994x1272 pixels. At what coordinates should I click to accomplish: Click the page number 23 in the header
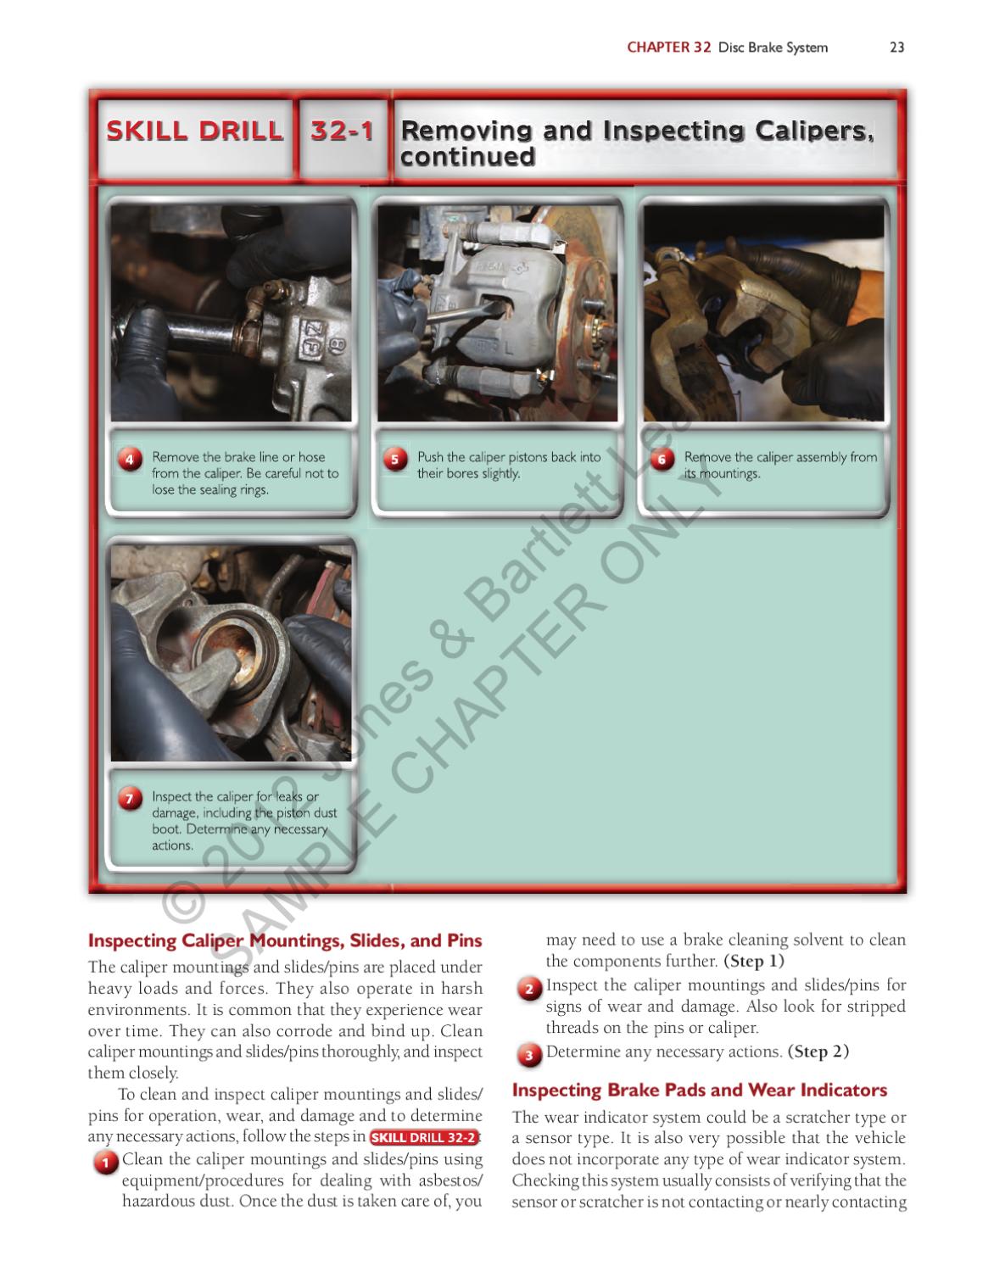896,47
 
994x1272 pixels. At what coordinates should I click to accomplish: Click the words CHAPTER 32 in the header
668,47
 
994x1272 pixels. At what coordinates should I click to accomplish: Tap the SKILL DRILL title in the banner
194,131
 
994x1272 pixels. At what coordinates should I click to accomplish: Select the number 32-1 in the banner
342,131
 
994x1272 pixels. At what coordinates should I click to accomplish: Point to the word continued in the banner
467,158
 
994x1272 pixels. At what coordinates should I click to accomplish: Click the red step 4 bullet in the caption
130,460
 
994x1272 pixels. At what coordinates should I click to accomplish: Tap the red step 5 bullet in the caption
395,460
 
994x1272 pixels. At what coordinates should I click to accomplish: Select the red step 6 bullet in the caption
662,460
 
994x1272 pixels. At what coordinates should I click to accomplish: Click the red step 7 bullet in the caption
130,799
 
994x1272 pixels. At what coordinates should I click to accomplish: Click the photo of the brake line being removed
231,314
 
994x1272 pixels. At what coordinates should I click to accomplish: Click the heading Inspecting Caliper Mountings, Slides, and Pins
285,940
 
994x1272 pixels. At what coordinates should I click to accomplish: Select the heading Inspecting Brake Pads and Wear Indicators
699,1090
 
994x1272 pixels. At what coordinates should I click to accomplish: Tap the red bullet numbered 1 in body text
105,1163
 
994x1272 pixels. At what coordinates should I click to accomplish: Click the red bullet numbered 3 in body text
528,1055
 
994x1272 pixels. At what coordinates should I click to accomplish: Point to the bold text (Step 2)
818,1052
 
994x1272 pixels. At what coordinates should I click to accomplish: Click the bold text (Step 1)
753,961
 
